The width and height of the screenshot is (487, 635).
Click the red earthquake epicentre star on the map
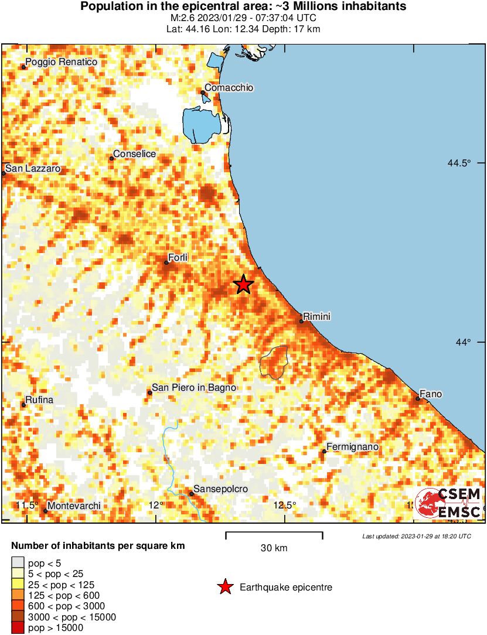pyautogui.click(x=243, y=285)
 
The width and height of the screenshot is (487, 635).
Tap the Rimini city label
pyautogui.click(x=317, y=316)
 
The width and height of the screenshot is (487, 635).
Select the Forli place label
pyautogui.click(x=177, y=258)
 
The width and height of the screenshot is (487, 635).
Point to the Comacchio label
pyautogui.click(x=229, y=87)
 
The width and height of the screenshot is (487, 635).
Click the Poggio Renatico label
pyautogui.click(x=61, y=62)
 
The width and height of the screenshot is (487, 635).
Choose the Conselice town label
pyautogui.click(x=134, y=153)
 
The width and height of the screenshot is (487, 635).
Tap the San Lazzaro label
pyautogui.click(x=33, y=168)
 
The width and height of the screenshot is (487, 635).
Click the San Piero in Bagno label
pyautogui.click(x=194, y=387)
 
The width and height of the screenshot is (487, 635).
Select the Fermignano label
pyautogui.click(x=352, y=448)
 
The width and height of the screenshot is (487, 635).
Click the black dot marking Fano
pyautogui.click(x=418, y=399)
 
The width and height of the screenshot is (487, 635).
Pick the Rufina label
pyautogui.click(x=39, y=400)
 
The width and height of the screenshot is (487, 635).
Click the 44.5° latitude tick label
pyautogui.click(x=459, y=163)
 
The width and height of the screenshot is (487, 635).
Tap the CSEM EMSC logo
pyautogui.click(x=448, y=503)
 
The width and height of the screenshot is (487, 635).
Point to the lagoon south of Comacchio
pyautogui.click(x=202, y=124)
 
